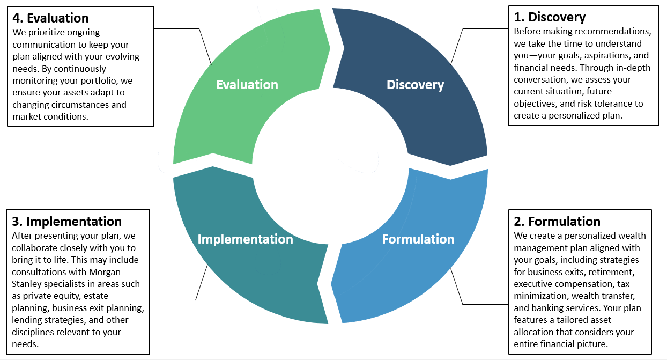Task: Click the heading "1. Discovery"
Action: coord(550,18)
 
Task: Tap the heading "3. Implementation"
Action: coord(66,221)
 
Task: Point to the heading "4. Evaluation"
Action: coord(50,19)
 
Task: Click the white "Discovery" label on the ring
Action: coord(415,85)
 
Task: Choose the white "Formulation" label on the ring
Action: coord(418,239)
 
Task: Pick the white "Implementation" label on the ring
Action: coord(245,239)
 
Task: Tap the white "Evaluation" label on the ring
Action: coord(247,85)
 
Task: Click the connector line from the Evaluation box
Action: coord(204,46)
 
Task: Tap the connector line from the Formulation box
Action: coord(458,284)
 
